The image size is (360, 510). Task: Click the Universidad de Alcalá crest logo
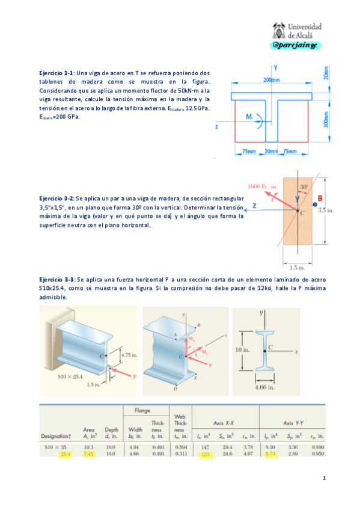(279, 30)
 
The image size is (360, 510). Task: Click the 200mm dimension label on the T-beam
(271, 80)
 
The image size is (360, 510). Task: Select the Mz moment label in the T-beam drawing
(249, 116)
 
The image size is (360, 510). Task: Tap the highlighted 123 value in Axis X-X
(206, 455)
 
